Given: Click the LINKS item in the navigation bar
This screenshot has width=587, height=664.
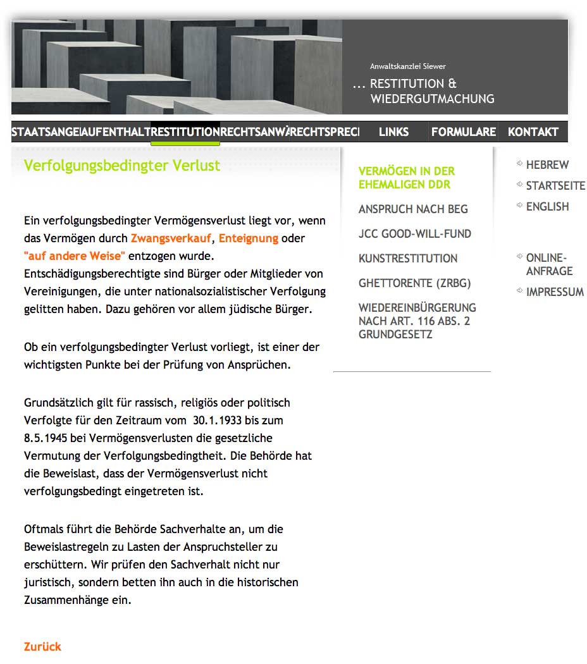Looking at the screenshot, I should click(393, 132).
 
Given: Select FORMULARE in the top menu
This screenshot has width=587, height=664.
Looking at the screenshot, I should click(464, 132).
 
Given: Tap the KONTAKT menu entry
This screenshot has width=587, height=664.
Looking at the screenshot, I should click(533, 132).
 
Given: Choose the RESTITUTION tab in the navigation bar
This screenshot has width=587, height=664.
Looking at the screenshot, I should click(185, 132).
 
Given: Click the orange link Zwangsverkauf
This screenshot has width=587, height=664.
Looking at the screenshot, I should click(171, 238).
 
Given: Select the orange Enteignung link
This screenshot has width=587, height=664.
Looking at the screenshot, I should click(249, 238).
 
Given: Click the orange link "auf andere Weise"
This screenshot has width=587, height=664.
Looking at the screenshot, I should click(75, 256).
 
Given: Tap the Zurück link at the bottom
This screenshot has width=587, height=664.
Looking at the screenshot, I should click(42, 646).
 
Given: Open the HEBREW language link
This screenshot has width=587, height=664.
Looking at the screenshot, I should click(547, 165).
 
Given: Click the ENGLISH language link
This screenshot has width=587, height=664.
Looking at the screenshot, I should click(547, 207).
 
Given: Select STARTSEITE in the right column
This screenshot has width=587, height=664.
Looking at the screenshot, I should click(555, 186).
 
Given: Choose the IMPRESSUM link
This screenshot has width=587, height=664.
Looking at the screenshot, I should click(555, 292).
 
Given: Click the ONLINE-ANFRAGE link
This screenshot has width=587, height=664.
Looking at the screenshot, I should click(549, 264).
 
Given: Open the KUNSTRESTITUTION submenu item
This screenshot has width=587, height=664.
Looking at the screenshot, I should click(407, 259).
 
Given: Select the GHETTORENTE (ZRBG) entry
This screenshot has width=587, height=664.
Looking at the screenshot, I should click(414, 283).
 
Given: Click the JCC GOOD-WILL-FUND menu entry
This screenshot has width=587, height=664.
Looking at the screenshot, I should click(414, 234).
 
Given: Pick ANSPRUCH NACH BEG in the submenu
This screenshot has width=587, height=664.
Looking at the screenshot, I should click(413, 209).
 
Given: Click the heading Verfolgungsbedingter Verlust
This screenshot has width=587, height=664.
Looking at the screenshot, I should click(122, 166).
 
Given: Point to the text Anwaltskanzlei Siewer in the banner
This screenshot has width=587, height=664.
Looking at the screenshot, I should click(408, 66).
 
